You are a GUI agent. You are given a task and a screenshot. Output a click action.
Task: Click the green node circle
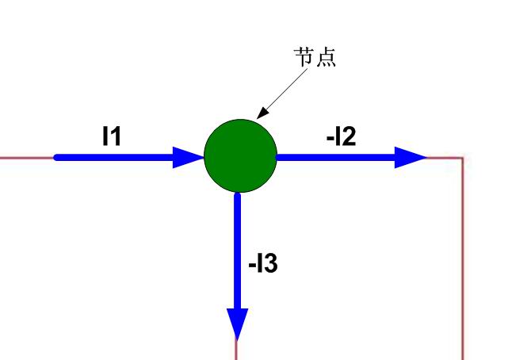coord(240,156)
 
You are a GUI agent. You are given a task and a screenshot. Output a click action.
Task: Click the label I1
coord(112,136)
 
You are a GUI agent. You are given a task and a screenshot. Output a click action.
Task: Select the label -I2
coord(341,136)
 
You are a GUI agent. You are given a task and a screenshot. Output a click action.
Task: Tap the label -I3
coord(263,263)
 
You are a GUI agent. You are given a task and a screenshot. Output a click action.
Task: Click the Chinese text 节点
coord(315,57)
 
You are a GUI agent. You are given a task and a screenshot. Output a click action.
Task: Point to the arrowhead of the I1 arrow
coord(189,158)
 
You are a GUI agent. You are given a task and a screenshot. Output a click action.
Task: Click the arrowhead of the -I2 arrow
coord(411,158)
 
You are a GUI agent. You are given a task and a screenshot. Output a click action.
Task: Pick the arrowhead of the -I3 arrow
coord(238,324)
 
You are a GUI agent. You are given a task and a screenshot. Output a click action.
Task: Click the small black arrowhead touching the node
coord(262,113)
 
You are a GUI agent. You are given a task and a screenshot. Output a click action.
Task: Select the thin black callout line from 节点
coord(282,94)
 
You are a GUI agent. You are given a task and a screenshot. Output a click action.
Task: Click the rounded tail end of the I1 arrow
coord(56,158)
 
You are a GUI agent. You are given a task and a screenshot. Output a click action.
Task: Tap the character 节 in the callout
coord(304,57)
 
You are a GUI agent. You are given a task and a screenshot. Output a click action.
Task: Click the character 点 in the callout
coord(326,58)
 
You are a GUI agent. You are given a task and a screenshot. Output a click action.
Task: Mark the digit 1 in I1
coord(116,136)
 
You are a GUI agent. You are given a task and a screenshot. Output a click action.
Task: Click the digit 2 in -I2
coord(349,136)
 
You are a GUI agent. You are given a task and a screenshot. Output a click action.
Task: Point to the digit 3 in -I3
coord(270,263)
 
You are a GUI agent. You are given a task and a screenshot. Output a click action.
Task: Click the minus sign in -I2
coord(330,139)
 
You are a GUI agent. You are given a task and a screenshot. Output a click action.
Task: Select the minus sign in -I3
coord(252,266)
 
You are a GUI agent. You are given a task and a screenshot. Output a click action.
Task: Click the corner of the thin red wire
coord(463,158)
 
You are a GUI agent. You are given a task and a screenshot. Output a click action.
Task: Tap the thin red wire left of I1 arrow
coord(27,158)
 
